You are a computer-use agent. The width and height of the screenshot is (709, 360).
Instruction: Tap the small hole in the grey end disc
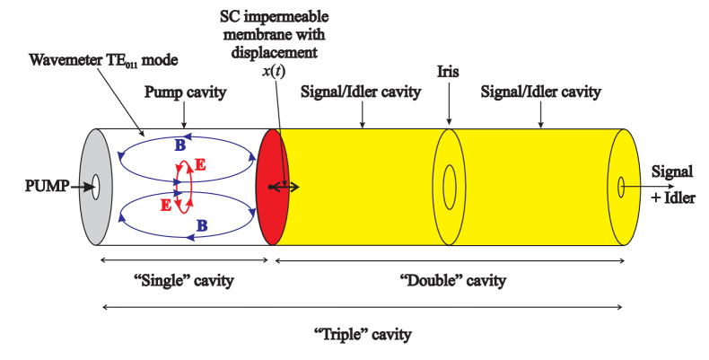click(x=94, y=188)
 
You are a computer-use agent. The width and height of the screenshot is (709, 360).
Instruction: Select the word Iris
click(x=448, y=70)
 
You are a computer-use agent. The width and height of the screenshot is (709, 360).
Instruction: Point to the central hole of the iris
click(x=449, y=187)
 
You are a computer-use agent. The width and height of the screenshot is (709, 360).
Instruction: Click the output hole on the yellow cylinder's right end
click(x=621, y=187)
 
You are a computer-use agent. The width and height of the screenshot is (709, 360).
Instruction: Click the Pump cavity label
click(x=186, y=92)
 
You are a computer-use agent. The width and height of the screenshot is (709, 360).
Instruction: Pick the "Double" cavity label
click(x=451, y=281)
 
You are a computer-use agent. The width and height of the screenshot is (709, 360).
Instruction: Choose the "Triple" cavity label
click(x=363, y=335)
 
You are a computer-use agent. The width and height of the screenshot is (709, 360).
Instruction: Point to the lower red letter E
click(x=166, y=205)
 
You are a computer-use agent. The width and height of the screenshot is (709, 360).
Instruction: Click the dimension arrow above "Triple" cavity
click(x=363, y=308)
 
